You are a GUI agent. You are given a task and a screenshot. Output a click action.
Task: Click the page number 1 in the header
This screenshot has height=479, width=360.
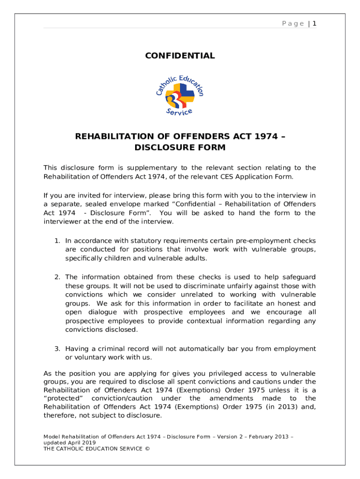point(315,23)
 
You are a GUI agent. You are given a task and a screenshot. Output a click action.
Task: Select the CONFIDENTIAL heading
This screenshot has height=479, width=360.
point(180,56)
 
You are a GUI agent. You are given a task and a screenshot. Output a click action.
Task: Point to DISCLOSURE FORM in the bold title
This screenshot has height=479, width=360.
point(180,148)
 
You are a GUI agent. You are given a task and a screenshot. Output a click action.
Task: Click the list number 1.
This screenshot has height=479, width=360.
point(57,240)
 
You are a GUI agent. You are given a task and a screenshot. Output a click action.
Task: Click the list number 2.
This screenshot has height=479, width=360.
point(57,277)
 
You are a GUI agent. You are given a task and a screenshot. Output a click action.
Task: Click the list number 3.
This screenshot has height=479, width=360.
point(57,348)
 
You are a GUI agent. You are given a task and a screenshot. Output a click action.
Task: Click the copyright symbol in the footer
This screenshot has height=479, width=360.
point(145,448)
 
